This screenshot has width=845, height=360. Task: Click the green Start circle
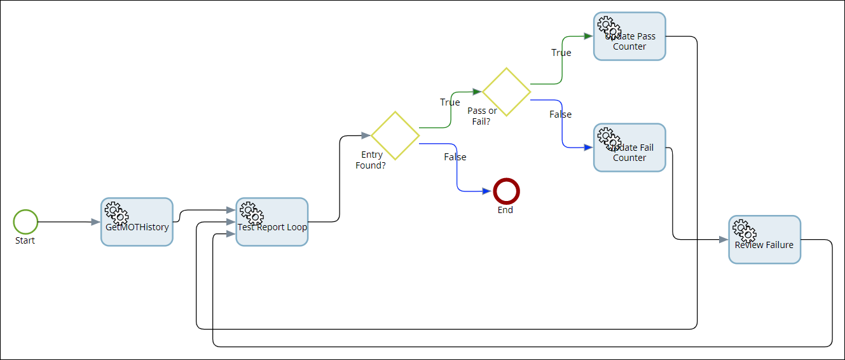[x=25, y=222]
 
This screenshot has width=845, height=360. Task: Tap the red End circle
[x=506, y=191]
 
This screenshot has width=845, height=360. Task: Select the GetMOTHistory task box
[x=137, y=222]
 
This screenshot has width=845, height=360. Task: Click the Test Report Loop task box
[x=272, y=222]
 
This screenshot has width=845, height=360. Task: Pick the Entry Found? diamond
[x=395, y=135]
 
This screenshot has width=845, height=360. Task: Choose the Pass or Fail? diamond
[x=506, y=92]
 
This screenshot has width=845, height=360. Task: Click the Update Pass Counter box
[x=629, y=37]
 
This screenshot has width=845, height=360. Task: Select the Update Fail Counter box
[x=629, y=148]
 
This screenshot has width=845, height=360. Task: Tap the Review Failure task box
[x=764, y=240]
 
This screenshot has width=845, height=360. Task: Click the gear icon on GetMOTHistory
[x=116, y=212]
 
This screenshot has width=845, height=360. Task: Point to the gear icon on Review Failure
[x=743, y=230]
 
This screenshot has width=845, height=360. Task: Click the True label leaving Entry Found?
[x=450, y=102]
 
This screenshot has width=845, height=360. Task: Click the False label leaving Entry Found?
[x=455, y=157]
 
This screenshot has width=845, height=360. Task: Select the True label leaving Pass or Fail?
[x=561, y=53]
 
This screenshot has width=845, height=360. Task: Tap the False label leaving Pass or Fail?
[x=561, y=114]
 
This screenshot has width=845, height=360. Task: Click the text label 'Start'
[x=25, y=240]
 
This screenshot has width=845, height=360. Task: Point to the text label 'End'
[x=505, y=210]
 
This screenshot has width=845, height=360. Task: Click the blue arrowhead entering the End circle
[x=487, y=191]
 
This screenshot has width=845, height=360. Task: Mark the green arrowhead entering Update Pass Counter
[x=588, y=36]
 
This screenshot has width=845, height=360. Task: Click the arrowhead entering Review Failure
[x=724, y=240]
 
